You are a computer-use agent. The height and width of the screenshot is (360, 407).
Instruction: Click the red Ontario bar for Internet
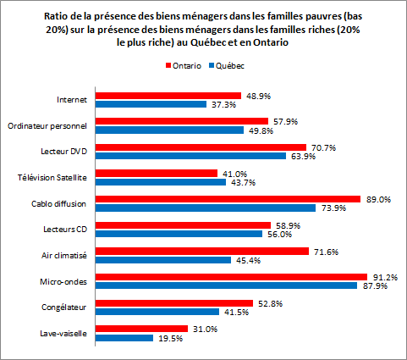[x=168, y=96]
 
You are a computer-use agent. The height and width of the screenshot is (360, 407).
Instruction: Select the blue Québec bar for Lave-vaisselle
[x=124, y=338]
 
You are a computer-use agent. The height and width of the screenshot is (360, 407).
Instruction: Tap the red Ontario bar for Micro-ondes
[x=230, y=276]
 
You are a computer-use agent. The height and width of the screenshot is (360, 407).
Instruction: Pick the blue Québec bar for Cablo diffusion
[x=205, y=208]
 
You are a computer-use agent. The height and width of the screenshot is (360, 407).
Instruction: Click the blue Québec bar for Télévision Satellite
[x=160, y=182]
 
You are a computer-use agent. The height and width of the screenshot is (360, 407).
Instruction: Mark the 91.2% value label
[x=382, y=276]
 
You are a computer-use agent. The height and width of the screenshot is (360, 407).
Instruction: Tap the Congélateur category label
[x=67, y=307]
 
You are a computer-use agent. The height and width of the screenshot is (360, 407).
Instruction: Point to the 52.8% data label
[x=267, y=302]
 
